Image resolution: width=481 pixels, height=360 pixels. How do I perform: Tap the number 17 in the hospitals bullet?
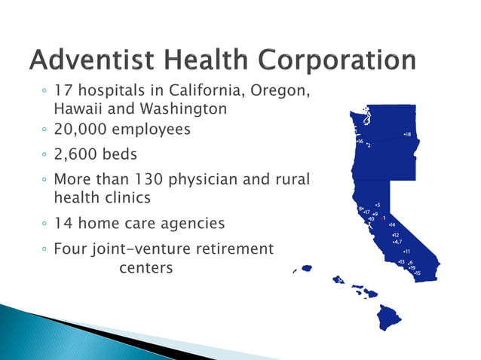pos(64,92)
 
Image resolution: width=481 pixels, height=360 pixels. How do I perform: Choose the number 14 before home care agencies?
pos(64,224)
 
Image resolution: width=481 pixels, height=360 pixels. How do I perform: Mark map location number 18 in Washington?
pos(407,134)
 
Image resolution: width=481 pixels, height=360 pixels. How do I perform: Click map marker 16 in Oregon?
pos(360,141)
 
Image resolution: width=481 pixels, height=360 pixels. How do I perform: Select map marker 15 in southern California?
pos(418,273)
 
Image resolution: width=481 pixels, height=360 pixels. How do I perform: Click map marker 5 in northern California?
pos(377,204)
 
